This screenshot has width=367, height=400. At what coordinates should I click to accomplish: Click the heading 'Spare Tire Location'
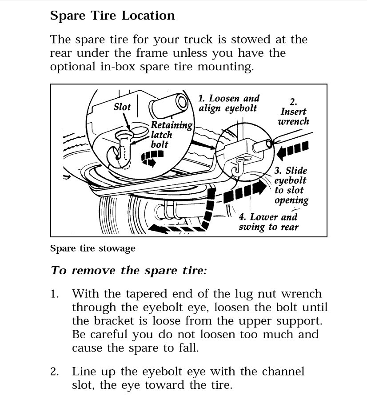112,16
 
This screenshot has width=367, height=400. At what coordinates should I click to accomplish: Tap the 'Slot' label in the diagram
122,107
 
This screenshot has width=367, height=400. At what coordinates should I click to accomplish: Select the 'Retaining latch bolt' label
171,135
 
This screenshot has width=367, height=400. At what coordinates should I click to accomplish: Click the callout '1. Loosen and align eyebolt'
228,103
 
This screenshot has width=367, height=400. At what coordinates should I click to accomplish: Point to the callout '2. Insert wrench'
293,112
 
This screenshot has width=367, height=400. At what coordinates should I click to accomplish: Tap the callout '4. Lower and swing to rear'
268,222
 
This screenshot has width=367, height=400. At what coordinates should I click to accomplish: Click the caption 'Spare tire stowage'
92,248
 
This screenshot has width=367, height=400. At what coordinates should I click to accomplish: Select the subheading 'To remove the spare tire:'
128,271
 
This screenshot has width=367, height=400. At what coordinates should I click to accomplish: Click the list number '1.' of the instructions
55,294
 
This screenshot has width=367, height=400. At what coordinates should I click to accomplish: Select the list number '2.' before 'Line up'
55,371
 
